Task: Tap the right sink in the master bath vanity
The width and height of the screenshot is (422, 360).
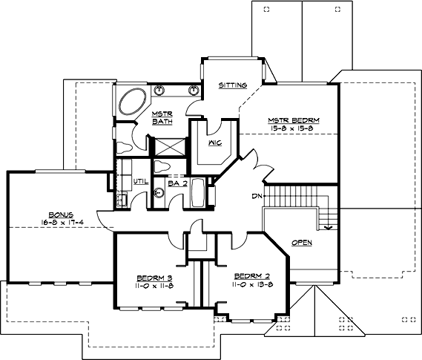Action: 192,91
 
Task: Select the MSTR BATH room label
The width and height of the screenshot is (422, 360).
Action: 162,117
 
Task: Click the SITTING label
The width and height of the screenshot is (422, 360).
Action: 232,86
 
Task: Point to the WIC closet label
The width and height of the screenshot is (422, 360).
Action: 216,141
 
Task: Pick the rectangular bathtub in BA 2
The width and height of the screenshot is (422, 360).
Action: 197,192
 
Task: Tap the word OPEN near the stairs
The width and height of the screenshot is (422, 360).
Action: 302,242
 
